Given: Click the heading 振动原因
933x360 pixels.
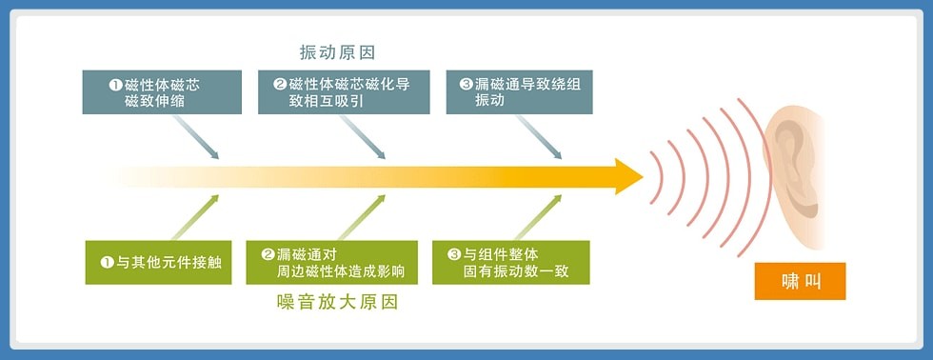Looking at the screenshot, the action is pyautogui.click(x=337, y=52).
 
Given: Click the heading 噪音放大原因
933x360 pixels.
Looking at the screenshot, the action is pyautogui.click(x=337, y=302).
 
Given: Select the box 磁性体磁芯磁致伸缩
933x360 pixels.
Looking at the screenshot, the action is pyautogui.click(x=162, y=92).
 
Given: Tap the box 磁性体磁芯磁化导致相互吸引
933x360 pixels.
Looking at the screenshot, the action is pyautogui.click(x=344, y=92).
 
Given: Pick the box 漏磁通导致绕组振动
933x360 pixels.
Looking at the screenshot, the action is pyautogui.click(x=520, y=92).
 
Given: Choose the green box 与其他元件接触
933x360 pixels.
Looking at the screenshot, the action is pyautogui.click(x=158, y=263).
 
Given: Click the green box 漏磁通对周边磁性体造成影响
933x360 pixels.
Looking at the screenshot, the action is pyautogui.click(x=331, y=263).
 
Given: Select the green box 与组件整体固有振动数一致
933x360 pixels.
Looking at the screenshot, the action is pyautogui.click(x=511, y=263).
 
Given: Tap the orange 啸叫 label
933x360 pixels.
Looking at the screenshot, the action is pyautogui.click(x=800, y=281).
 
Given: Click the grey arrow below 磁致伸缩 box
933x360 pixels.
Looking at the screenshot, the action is pyautogui.click(x=196, y=137).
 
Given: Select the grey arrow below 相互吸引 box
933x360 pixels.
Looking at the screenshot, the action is pyautogui.click(x=363, y=137).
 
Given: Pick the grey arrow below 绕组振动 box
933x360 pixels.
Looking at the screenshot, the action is pyautogui.click(x=539, y=137).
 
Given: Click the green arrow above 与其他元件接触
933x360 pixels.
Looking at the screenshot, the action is pyautogui.click(x=195, y=217).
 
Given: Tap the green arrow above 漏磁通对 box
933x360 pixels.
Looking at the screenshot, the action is pyautogui.click(x=362, y=217).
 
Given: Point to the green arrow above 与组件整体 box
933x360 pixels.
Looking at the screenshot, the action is pyautogui.click(x=538, y=217).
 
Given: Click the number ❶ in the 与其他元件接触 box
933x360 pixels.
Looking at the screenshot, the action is pyautogui.click(x=107, y=262).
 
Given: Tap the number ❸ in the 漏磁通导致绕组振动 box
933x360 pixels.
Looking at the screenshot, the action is pyautogui.click(x=466, y=85).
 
